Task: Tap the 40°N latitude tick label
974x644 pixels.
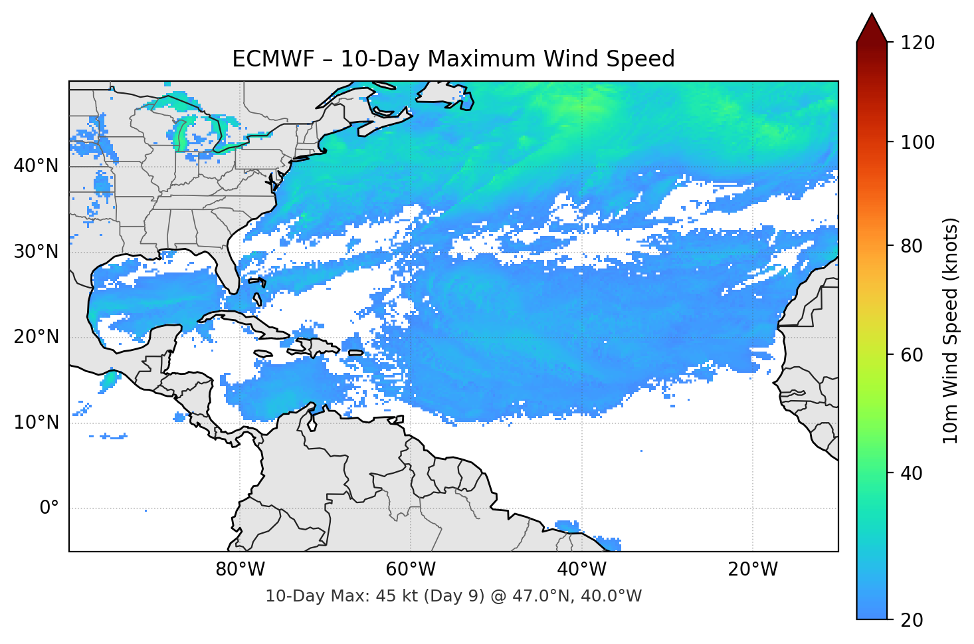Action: pyautogui.click(x=36, y=165)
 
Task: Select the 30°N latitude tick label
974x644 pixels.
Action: pyautogui.click(x=36, y=251)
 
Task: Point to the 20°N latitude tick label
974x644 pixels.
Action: pyautogui.click(x=36, y=336)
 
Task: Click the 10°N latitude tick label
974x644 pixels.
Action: pyautogui.click(x=36, y=422)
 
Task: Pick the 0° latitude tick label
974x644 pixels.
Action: pyautogui.click(x=49, y=508)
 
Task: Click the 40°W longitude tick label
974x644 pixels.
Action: pyautogui.click(x=581, y=569)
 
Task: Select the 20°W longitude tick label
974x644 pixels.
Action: pyautogui.click(x=752, y=569)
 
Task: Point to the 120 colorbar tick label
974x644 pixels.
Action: pyautogui.click(x=918, y=43)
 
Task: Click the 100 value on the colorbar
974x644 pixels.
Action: pyautogui.click(x=918, y=142)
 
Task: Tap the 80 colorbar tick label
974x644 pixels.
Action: pyautogui.click(x=912, y=246)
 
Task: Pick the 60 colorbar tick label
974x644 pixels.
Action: pyautogui.click(x=912, y=355)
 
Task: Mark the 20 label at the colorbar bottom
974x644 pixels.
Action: pyautogui.click(x=912, y=620)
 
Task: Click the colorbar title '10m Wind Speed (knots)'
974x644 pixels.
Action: pyautogui.click(x=951, y=330)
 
